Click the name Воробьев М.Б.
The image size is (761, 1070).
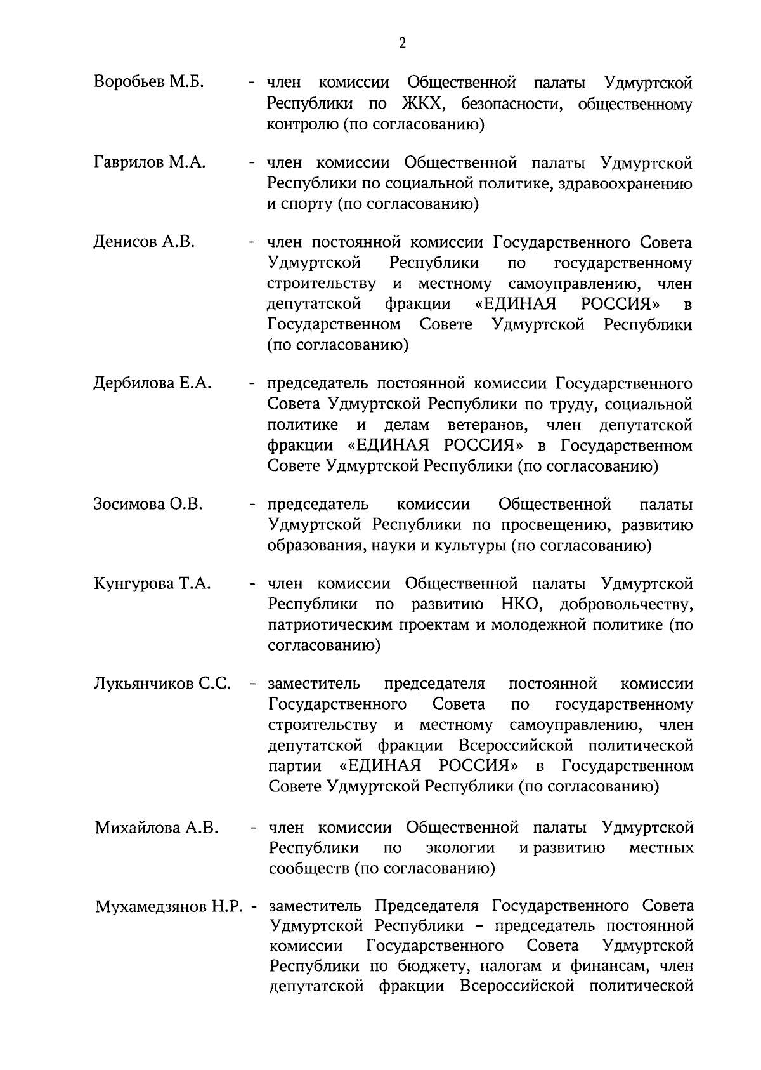coord(148,82)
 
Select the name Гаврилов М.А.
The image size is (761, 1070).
coord(150,163)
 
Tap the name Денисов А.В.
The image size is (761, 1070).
coord(144,242)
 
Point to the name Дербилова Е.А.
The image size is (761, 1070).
coord(152,383)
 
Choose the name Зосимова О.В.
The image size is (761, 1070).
coord(148,505)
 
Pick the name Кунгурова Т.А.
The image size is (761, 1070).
coord(152,584)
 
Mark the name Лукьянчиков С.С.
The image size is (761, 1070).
coord(162,684)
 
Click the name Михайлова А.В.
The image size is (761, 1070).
coord(157,828)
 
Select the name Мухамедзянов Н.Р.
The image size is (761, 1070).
coord(170,906)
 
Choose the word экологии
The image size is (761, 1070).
coord(460,848)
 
